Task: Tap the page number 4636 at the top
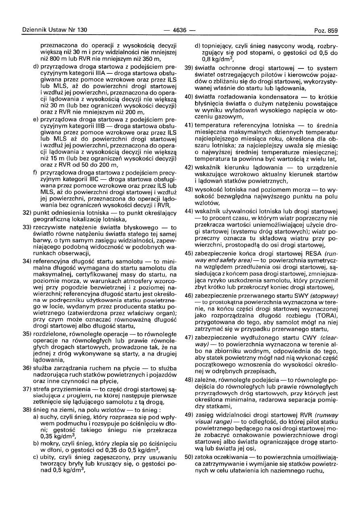click(180, 30)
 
